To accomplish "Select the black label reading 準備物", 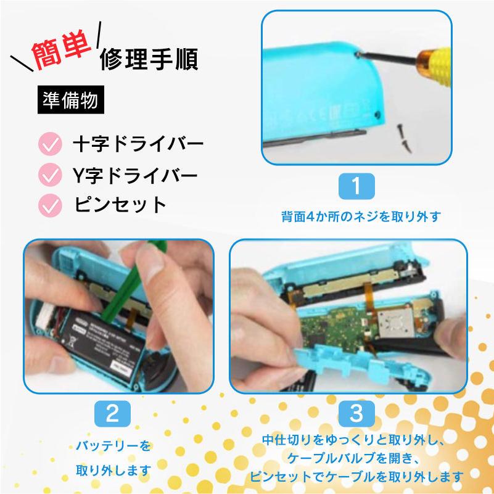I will (70, 101).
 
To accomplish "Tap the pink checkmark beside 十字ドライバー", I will (49, 145).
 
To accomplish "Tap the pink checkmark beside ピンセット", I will (49, 204).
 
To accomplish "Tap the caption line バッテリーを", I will (113, 445).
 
